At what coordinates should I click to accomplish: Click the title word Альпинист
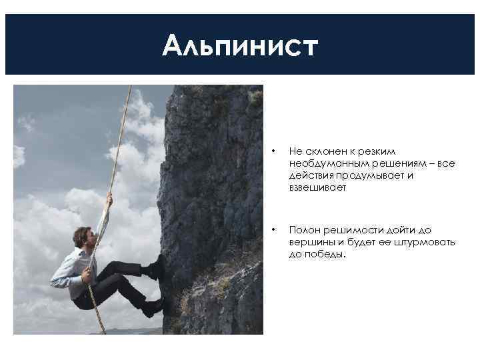(240, 46)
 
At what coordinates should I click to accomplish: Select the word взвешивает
(313, 188)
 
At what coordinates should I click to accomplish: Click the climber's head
(81, 237)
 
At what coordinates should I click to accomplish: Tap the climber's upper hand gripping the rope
(108, 199)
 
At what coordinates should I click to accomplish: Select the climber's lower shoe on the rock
(153, 307)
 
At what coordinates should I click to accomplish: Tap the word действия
(309, 176)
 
